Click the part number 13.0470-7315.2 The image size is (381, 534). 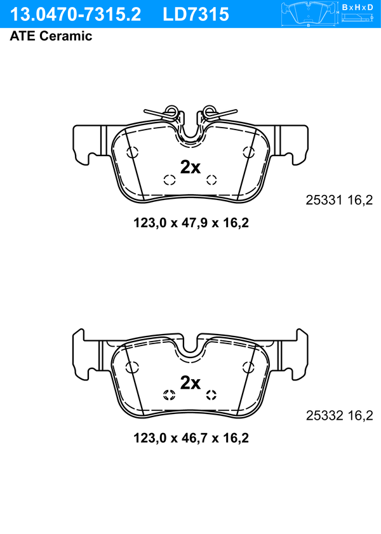76,15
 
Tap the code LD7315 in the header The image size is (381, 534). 196,15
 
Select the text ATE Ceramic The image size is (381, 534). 51,36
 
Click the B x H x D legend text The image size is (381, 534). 357,7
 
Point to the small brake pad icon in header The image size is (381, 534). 309,14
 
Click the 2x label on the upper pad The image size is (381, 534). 190,167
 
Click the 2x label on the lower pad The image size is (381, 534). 190,383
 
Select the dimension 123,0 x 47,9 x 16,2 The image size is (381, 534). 191,223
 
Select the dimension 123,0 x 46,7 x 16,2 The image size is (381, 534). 191,438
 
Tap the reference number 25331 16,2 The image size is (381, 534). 339,200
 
